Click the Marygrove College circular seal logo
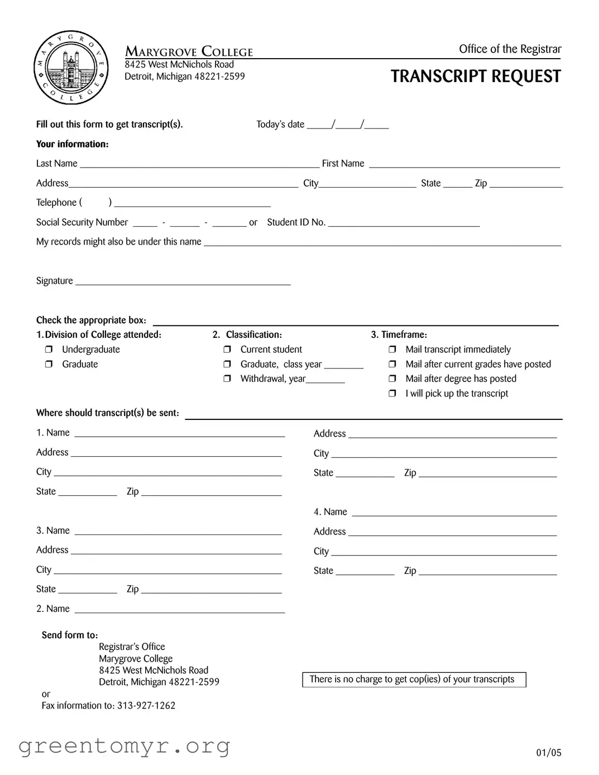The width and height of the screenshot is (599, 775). pos(70,68)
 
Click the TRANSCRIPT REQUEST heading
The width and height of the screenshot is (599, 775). pos(476,76)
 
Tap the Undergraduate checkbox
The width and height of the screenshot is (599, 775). pos(49,350)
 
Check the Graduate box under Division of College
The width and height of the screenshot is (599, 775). pos(49,364)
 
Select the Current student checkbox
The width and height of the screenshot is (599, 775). pos(227,350)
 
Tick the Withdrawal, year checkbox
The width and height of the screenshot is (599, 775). pos(227,379)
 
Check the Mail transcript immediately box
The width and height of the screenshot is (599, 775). pos(392,350)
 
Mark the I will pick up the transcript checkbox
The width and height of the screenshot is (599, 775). pos(392,394)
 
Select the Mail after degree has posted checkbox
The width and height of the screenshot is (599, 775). pos(392,379)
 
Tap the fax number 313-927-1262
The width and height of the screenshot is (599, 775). pos(146,706)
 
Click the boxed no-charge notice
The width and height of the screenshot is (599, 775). pos(414,680)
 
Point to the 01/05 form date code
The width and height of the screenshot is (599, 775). pos(549,753)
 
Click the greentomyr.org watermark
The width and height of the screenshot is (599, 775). pos(124,745)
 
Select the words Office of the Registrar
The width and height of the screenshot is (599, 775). pos(510,49)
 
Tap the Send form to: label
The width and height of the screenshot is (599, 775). pos(70,635)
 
